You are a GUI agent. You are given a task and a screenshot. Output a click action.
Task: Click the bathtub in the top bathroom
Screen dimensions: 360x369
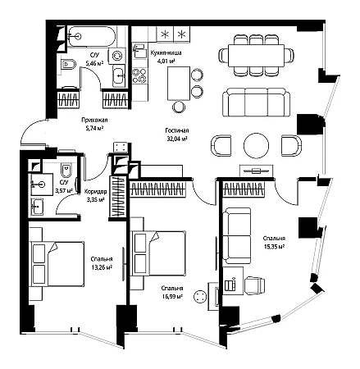click(91, 36)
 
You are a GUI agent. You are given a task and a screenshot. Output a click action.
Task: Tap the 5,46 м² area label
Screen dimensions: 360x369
click(94, 63)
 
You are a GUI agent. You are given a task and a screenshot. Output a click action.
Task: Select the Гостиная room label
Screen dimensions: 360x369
click(177, 130)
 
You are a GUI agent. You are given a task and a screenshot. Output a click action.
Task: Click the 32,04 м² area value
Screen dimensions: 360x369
click(177, 139)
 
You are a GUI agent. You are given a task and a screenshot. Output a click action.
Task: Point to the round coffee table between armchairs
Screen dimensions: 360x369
click(256, 145)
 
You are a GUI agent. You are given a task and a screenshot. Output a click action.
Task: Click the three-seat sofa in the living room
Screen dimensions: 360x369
click(256, 102)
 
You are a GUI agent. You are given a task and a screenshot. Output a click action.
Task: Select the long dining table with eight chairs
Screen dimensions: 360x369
click(256, 56)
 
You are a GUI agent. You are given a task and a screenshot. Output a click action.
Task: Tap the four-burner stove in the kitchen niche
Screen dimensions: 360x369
click(139, 75)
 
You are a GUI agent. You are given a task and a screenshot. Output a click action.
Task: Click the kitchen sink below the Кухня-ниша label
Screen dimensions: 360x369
click(140, 51)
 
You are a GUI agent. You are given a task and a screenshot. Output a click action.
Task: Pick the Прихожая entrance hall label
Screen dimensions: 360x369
click(94, 120)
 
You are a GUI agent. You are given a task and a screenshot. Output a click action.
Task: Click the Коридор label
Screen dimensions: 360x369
click(95, 191)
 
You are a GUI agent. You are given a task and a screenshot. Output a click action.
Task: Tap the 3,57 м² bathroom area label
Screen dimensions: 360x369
click(64, 190)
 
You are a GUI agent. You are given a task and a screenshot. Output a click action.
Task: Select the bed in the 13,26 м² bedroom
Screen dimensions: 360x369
click(57, 264)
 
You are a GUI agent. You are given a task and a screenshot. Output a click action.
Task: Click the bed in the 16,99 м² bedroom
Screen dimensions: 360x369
click(158, 253)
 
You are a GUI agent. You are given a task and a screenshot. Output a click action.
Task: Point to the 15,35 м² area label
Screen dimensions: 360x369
click(274, 246)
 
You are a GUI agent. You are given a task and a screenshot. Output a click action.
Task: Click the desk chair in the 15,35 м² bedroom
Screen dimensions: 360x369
click(255, 285)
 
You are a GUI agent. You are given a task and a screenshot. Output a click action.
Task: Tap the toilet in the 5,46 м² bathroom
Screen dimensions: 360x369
click(68, 65)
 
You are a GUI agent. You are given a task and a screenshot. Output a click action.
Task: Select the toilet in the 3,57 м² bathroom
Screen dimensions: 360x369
click(66, 171)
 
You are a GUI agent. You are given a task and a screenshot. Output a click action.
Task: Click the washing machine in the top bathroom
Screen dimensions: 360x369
click(117, 56)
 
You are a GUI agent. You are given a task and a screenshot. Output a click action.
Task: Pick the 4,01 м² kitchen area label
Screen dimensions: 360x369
click(166, 61)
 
